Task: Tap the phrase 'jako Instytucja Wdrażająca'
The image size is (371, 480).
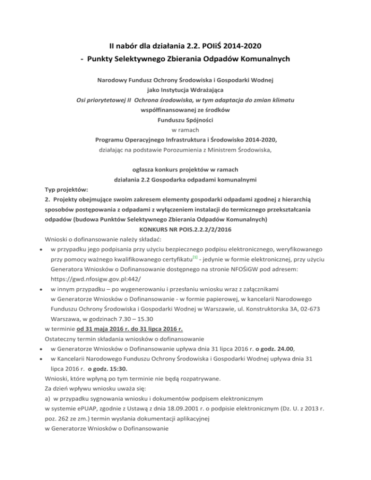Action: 185,90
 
